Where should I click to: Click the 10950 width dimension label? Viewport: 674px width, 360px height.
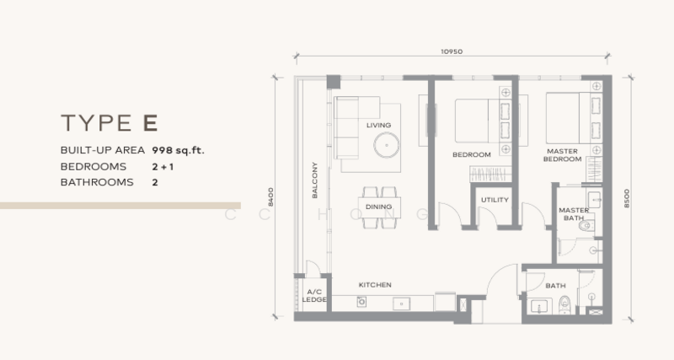(x=452, y=51)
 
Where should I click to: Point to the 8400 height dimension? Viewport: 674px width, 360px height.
(x=270, y=197)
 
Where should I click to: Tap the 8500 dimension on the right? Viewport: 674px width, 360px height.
(x=626, y=198)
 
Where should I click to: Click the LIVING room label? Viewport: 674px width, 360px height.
(x=378, y=125)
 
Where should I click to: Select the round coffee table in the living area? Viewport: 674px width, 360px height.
(x=387, y=145)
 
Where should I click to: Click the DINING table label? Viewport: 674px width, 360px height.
(x=378, y=207)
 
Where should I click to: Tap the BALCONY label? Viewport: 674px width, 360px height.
(x=314, y=180)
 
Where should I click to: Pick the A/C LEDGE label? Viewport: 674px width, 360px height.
(x=314, y=295)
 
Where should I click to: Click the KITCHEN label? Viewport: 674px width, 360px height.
(x=375, y=285)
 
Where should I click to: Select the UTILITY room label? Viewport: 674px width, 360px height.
(x=495, y=200)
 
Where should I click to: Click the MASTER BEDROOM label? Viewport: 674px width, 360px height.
(x=562, y=155)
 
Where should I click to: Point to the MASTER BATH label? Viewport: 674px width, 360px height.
(x=574, y=214)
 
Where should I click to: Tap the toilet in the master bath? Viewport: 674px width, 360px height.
(x=586, y=225)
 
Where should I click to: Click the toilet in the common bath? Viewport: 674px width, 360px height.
(x=564, y=304)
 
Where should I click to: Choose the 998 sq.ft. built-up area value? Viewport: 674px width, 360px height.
(x=178, y=151)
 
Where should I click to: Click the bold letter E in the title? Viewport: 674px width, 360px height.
(x=151, y=123)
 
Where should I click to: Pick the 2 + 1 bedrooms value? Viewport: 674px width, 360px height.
(x=163, y=167)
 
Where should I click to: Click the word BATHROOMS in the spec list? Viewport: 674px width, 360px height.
(x=97, y=182)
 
